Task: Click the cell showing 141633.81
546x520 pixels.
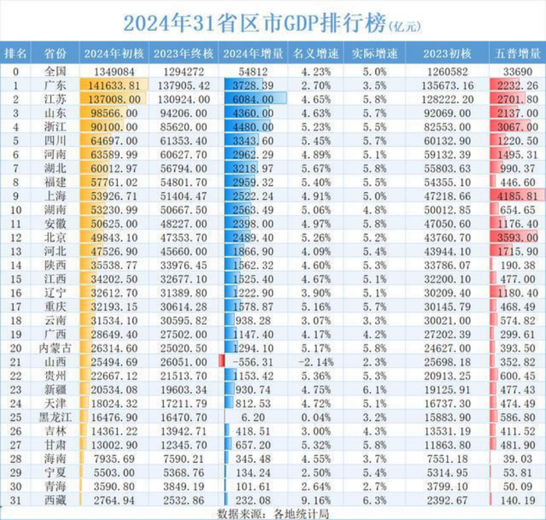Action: (x=114, y=85)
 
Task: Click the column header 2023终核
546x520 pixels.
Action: (x=184, y=54)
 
